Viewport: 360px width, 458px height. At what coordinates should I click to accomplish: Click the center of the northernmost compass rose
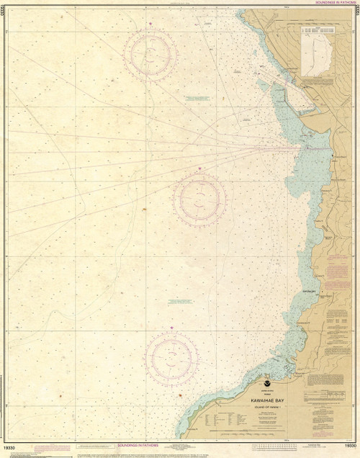(x=150, y=53)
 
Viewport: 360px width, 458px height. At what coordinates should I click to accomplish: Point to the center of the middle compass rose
(x=200, y=196)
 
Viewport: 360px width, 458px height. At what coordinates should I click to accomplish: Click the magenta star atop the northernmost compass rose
(x=150, y=25)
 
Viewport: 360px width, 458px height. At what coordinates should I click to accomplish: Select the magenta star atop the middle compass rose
(x=201, y=169)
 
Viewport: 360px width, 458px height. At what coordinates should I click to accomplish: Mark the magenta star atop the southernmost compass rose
(x=171, y=328)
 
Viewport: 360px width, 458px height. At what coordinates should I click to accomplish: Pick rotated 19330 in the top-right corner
(x=356, y=14)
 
